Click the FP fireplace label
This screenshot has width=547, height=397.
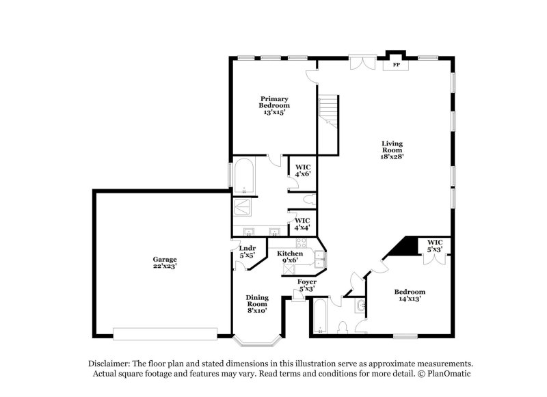pos(395,66)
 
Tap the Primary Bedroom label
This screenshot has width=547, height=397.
pos(273,105)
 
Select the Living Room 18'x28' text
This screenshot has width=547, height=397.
pos(392,150)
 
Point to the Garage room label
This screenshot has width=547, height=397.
pos(165,262)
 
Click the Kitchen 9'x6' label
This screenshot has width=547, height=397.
pos(290,256)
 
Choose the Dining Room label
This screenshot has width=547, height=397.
pos(257,303)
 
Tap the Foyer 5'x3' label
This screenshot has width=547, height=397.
pos(306,285)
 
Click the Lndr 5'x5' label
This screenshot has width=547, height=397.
pos(248,251)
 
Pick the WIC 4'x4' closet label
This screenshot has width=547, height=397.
pos(302,224)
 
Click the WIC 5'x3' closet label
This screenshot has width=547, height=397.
pos(435,245)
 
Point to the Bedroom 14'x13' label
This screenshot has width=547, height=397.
pos(410,295)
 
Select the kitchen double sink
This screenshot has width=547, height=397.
pos(320,259)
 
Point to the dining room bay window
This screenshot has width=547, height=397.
pos(257,338)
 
